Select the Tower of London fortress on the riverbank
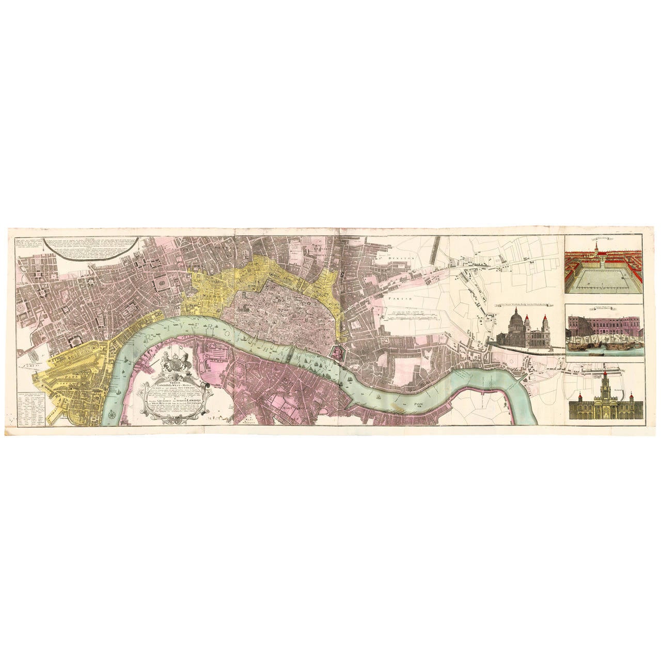(x=337, y=352)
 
